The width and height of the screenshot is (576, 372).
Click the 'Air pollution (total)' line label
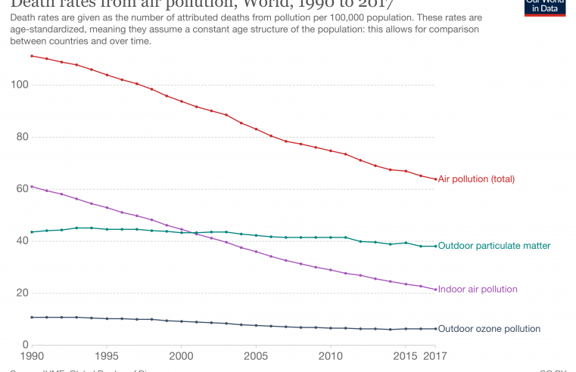(x=476, y=179)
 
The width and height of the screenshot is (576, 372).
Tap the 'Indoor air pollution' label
(x=478, y=289)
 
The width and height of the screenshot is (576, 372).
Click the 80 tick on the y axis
(x=20, y=137)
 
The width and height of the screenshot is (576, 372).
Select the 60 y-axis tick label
(x=20, y=189)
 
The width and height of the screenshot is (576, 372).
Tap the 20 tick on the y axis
(x=20, y=293)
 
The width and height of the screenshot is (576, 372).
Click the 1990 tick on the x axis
(x=31, y=355)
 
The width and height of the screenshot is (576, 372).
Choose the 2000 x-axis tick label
(x=181, y=355)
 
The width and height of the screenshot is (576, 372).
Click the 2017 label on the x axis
(x=435, y=355)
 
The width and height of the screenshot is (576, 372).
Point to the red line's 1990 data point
(x=31, y=56)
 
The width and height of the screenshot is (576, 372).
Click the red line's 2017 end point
(x=435, y=178)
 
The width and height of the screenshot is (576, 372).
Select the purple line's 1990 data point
(x=31, y=186)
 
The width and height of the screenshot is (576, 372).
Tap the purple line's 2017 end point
(x=435, y=289)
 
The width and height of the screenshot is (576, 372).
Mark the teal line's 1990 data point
(x=31, y=232)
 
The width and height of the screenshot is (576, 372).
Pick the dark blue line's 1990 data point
(x=31, y=317)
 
